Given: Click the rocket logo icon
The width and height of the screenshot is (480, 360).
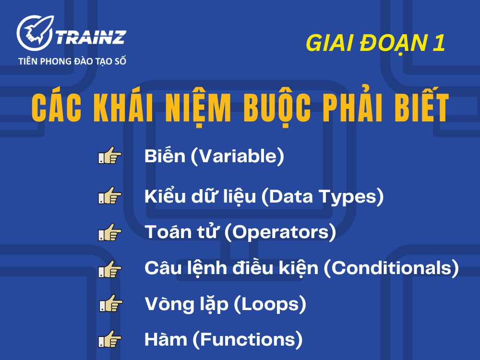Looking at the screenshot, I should point(34,33).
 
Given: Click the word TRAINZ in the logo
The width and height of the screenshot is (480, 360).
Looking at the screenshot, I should point(91,36).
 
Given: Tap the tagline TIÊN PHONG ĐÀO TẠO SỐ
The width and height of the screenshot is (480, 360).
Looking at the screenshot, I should point(72,61).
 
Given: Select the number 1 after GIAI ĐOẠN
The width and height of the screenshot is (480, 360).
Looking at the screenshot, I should point(438,44).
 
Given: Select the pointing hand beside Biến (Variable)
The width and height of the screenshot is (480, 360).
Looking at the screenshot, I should point(110,157).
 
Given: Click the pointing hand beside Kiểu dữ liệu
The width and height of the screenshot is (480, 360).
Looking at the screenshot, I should point(110,197).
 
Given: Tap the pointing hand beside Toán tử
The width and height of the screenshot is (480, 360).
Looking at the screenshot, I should point(110,233).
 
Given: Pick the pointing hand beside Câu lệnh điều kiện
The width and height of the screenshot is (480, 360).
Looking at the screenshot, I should point(110,269).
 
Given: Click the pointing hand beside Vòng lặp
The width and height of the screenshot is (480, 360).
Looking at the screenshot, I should point(111,304).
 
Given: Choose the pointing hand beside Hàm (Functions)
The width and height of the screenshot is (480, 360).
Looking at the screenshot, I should point(110,340).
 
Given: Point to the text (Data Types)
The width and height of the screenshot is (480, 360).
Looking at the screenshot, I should point(322,197).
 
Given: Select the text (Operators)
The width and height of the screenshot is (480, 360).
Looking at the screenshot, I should point(280,233).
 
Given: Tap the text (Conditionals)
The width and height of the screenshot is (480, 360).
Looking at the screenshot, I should point(391,268).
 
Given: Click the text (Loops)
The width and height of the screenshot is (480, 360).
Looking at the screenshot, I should point(270,304).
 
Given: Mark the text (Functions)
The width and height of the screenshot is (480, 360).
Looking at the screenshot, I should point(248,340).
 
